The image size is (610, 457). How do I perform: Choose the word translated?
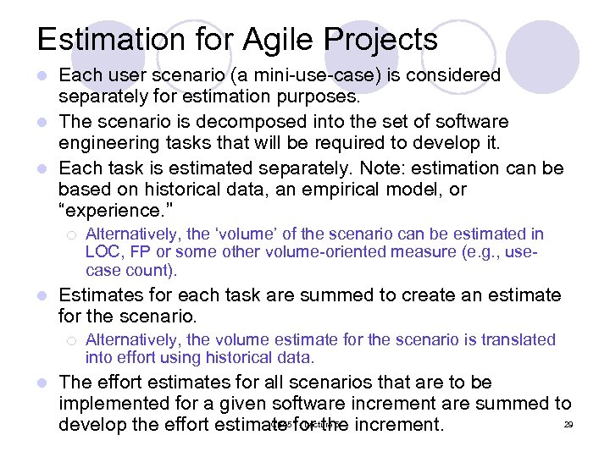[518, 340]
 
